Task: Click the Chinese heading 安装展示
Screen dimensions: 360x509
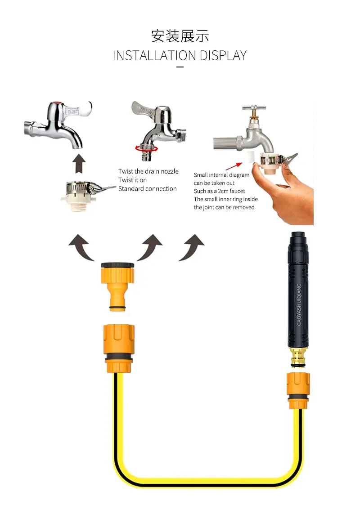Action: tap(180, 36)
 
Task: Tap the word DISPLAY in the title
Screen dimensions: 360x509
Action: tap(223, 55)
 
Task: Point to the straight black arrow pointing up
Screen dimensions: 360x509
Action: tap(79, 164)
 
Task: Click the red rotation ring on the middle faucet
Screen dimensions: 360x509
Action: tap(147, 149)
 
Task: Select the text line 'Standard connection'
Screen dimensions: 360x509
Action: tap(148, 188)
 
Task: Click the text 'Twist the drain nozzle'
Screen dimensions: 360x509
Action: tap(148, 171)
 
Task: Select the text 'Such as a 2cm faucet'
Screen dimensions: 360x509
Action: tap(219, 191)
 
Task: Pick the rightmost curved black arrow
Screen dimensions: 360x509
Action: tap(192, 247)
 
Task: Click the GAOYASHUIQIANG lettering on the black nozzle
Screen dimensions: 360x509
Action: tap(299, 304)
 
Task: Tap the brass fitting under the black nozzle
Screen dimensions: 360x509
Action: tap(297, 357)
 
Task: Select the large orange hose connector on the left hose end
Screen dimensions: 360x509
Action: tap(119, 348)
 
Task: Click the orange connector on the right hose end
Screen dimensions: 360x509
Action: tap(298, 391)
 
